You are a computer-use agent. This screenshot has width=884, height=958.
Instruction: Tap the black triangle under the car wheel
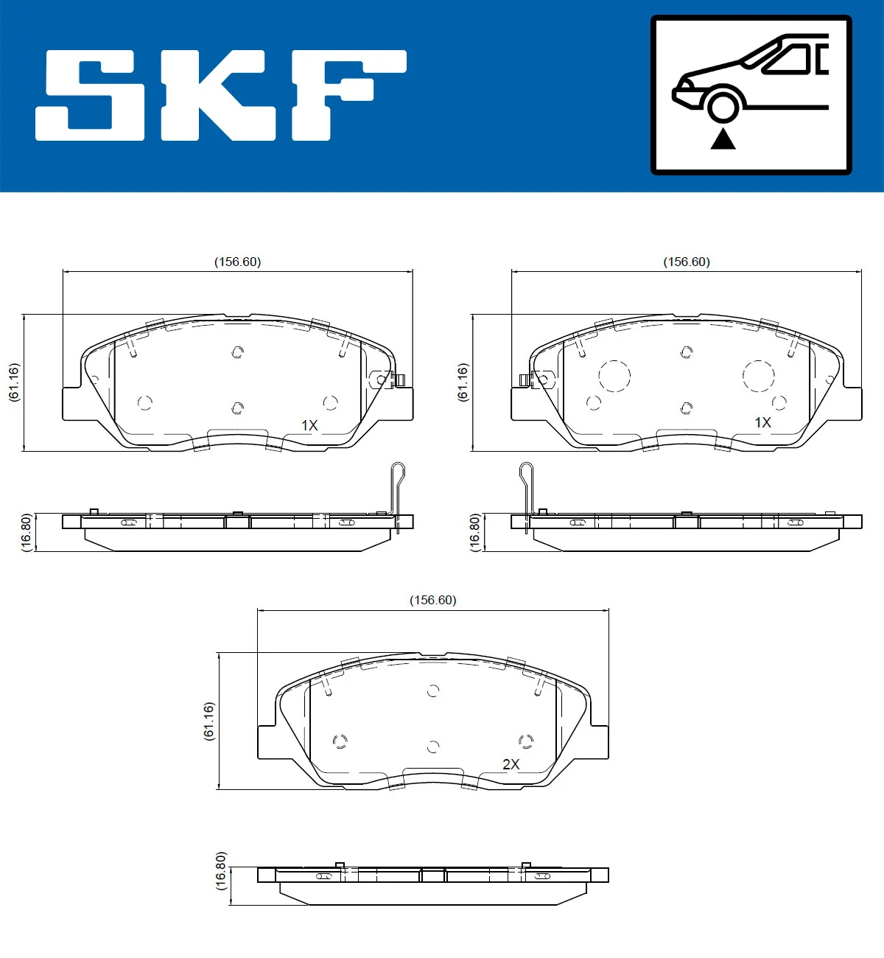pos(723,139)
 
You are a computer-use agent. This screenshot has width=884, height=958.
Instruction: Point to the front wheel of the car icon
pos(723,105)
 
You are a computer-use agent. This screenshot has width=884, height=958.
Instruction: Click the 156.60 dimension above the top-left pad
pos(237,262)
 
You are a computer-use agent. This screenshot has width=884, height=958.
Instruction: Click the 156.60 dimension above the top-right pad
pos(687,262)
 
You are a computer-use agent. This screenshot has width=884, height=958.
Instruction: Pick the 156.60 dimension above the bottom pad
pos(433,600)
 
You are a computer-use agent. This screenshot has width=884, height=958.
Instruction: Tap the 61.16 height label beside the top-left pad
pos(14,382)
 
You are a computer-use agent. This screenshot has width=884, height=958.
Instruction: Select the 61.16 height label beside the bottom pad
pos(208,721)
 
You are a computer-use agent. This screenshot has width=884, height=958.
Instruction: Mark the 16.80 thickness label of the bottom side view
pos(220,871)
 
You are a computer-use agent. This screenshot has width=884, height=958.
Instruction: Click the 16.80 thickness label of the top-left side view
pos(26,532)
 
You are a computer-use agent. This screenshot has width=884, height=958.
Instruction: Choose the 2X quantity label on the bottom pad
pos(511,764)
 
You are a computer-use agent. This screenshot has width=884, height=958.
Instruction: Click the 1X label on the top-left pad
pos(309,425)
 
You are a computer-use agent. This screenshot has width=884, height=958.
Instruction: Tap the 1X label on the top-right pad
pos(762,422)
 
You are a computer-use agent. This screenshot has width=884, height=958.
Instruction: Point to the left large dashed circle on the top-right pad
pos(614,376)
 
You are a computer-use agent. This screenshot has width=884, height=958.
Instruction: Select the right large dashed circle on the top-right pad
pos(758,376)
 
